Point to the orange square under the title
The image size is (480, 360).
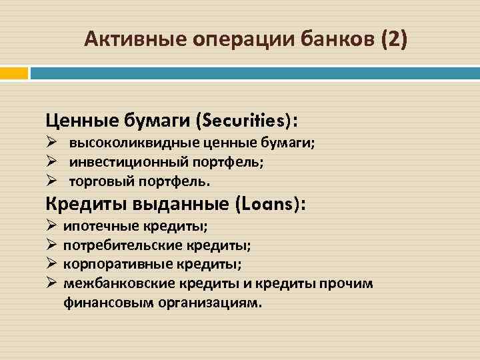14,72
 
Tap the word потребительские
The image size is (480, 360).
118,245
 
